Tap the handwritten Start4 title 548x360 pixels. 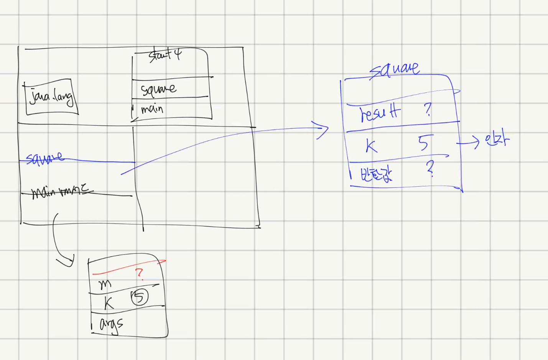coord(165,55)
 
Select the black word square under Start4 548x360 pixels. coord(158,89)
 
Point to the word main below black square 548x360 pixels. coord(152,109)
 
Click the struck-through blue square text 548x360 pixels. coord(44,158)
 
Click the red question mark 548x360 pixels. coord(139,273)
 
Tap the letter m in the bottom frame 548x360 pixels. coord(105,284)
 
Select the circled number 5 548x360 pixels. coord(139,297)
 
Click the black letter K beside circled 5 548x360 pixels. coord(109,303)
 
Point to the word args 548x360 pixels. coord(111,325)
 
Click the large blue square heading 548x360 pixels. coord(394,69)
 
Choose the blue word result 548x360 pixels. coord(380,113)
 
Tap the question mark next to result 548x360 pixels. coord(428,110)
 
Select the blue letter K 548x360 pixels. coord(371,146)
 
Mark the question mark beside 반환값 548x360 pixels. coord(430,168)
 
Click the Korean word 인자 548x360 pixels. coord(497,140)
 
